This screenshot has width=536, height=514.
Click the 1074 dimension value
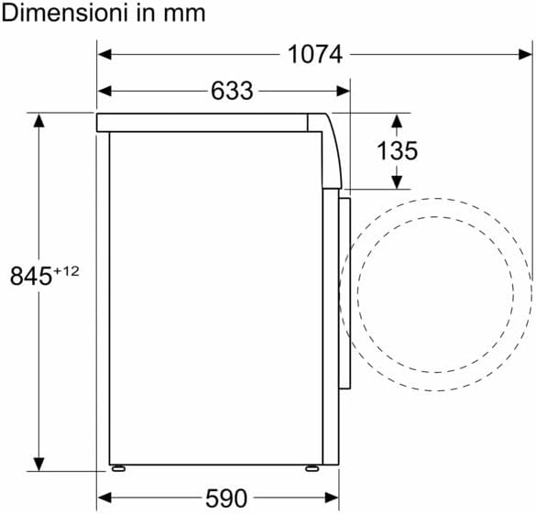[315, 54]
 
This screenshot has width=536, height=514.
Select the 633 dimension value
[232, 91]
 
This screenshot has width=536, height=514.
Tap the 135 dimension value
[397, 150]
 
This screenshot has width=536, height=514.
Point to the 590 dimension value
[226, 498]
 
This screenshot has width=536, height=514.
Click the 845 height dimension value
[31, 276]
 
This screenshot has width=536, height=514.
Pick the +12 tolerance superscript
[66, 271]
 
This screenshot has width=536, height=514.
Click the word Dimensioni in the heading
[65, 13]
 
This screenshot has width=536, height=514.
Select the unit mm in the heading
[184, 15]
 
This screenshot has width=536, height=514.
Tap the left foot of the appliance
[118, 468]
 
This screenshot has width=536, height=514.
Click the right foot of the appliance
[312, 468]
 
